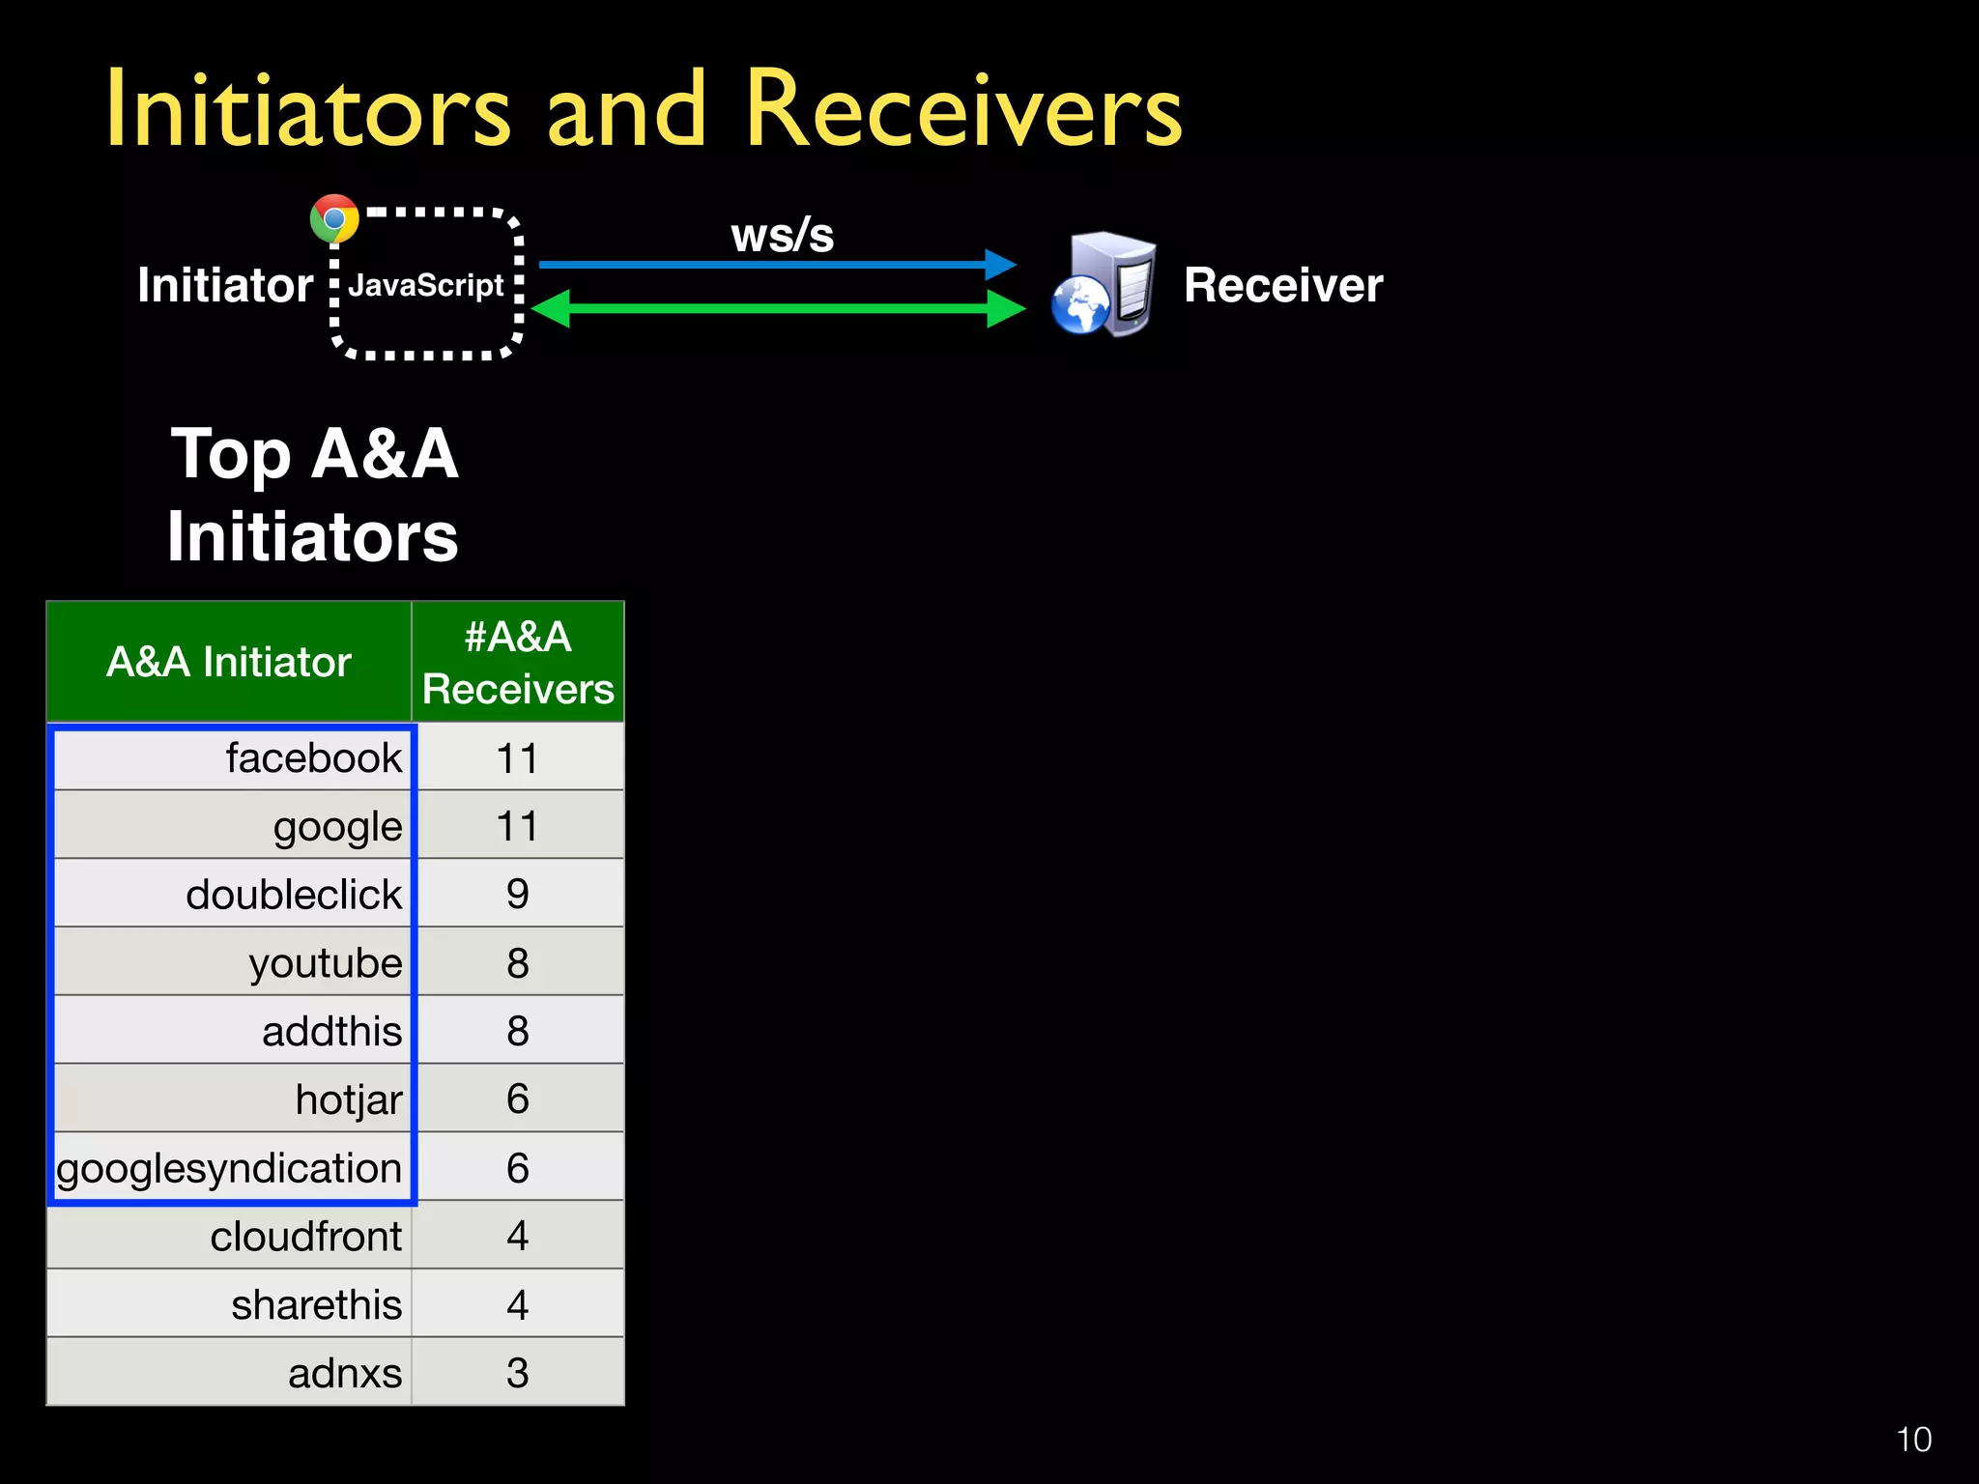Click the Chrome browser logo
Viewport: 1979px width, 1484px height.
pos(334,219)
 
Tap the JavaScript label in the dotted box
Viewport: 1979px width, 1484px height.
pos(426,286)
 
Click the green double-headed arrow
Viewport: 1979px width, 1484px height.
pos(778,309)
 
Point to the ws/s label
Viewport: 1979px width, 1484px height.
pos(782,236)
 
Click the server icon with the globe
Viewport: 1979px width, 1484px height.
pos(1104,285)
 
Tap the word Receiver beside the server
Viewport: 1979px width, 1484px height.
pos(1283,286)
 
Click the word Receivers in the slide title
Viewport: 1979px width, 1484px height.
pos(963,111)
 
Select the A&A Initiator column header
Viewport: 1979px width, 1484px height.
pos(229,663)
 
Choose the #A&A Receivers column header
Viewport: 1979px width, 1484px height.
pos(518,663)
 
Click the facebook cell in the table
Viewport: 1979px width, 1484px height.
pos(313,758)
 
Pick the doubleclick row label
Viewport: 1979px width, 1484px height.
pos(293,895)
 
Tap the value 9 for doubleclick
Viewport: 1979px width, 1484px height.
pos(518,895)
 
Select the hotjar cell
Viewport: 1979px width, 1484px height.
pos(348,1099)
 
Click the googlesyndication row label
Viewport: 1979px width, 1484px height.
pos(229,1169)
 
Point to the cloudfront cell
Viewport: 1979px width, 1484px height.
pos(305,1237)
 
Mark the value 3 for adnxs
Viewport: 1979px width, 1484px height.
pos(518,1373)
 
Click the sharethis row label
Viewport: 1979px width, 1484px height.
pos(316,1305)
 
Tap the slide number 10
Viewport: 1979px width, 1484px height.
pos(1913,1440)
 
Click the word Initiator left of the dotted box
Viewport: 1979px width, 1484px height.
pos(225,286)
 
